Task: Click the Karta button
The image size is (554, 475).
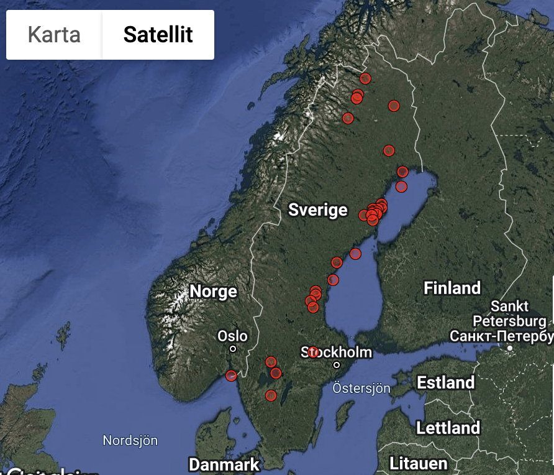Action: click(54, 34)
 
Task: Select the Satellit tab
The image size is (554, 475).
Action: click(158, 34)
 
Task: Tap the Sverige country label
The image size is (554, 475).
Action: click(317, 210)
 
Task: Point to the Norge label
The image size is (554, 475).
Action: click(213, 291)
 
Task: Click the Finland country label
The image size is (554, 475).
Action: click(452, 288)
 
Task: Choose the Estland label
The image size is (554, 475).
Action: click(445, 382)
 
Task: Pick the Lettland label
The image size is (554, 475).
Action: click(448, 428)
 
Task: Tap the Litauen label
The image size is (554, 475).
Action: click(418, 463)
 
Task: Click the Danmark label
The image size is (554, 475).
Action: click(224, 464)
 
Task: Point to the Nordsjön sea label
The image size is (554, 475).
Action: click(130, 441)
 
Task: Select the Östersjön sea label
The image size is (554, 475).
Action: click(361, 388)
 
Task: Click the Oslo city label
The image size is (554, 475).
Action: click(232, 336)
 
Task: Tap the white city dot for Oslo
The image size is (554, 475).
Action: click(233, 349)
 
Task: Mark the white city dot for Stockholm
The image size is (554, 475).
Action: click(337, 365)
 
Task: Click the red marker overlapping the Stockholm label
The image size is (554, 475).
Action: click(313, 353)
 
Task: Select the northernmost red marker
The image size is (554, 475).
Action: click(365, 78)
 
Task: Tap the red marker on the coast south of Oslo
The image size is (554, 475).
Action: click(231, 376)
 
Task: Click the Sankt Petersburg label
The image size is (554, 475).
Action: click(509, 314)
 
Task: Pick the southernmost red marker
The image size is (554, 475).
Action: click(271, 395)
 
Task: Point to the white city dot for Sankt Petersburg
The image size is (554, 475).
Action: click(509, 348)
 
